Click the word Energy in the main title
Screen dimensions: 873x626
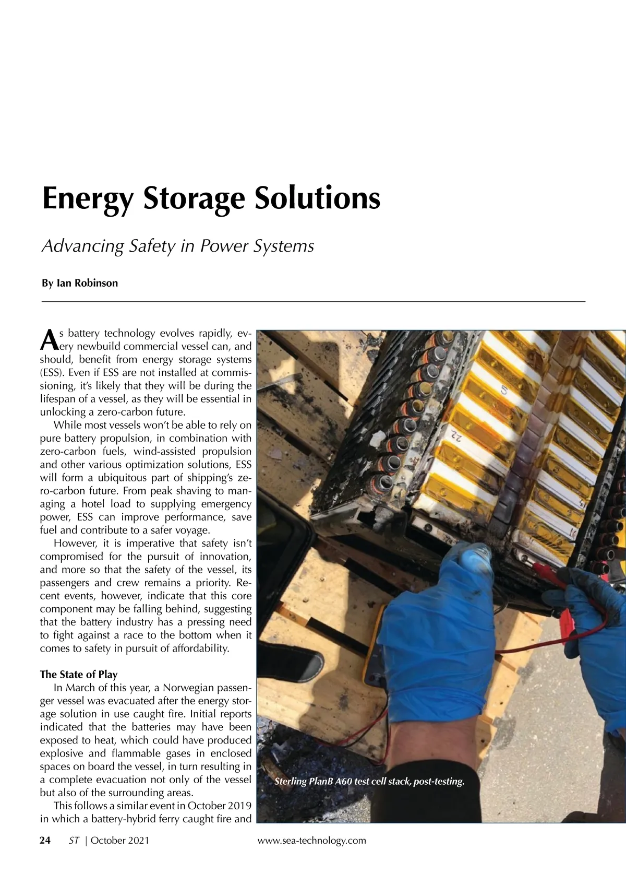[x=88, y=199]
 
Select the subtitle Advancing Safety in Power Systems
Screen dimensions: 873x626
[x=177, y=246]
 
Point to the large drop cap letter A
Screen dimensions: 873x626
[x=48, y=339]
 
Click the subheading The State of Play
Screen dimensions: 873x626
[x=79, y=674]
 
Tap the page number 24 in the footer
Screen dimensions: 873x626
[x=45, y=840]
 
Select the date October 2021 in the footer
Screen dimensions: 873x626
[x=120, y=840]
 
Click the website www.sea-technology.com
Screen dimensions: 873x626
[x=312, y=840]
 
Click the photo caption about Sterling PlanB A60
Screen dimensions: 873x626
[x=369, y=782]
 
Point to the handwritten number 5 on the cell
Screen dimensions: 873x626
[x=504, y=390]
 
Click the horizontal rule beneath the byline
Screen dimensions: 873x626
[x=313, y=301]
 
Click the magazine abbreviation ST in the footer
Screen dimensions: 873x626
[x=74, y=840]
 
